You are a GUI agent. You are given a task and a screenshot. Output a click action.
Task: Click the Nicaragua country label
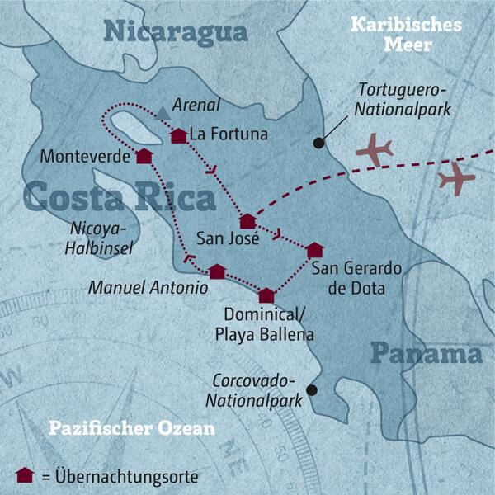click(x=175, y=32)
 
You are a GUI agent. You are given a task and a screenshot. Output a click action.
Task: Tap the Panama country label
click(x=425, y=354)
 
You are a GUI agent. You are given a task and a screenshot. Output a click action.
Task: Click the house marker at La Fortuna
click(x=177, y=136)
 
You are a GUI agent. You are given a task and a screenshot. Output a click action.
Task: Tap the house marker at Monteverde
click(x=144, y=156)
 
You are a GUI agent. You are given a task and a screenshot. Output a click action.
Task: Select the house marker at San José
click(x=247, y=220)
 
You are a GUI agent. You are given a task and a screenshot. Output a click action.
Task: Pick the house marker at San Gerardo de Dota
click(x=313, y=250)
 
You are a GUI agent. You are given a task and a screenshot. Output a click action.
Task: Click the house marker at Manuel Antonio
click(x=216, y=271)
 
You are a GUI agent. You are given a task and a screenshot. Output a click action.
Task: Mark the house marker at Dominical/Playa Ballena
click(x=266, y=295)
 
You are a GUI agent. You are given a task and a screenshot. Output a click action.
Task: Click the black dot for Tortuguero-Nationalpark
click(x=318, y=143)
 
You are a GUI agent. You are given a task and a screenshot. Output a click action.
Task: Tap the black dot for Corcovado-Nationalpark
click(x=311, y=389)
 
